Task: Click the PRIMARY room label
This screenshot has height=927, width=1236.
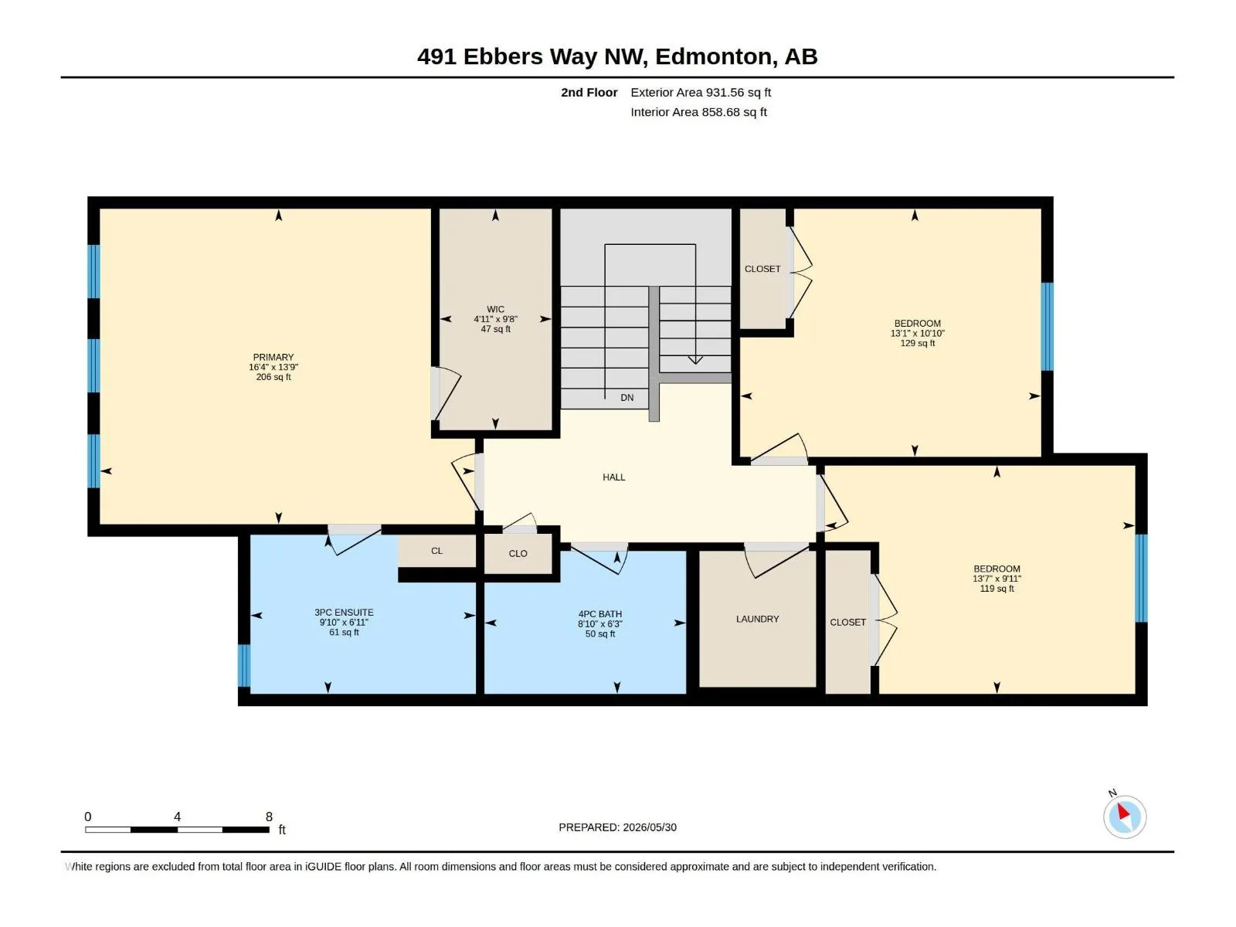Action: tap(273, 357)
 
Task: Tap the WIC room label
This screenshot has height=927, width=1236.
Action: tap(495, 309)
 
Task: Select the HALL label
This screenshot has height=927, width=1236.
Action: tap(614, 477)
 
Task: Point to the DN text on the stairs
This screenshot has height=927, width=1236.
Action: tap(626, 397)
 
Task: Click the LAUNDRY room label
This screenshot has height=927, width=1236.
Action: tap(757, 619)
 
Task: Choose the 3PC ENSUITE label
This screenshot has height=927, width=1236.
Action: tap(344, 613)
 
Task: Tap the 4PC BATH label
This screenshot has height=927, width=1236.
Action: tap(599, 614)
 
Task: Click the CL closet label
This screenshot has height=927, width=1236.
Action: tap(437, 551)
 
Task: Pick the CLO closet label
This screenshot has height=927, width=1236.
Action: tap(518, 553)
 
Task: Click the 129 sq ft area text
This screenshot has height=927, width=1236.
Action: tap(917, 343)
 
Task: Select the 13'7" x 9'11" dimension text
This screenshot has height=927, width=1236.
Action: tap(997, 579)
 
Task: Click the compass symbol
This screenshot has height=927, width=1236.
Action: tap(1125, 816)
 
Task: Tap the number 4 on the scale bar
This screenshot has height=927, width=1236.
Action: tap(178, 817)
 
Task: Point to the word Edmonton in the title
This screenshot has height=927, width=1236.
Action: tap(713, 57)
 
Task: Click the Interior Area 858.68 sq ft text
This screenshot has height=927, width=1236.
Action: tap(698, 112)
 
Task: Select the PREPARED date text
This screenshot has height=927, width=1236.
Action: tap(617, 827)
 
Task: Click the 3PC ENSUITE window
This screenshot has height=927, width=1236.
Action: tap(244, 666)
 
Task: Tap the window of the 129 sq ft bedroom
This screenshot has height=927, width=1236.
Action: tap(1047, 327)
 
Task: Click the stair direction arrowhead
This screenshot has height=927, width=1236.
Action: tap(695, 360)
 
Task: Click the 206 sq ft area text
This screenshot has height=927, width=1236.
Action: tap(273, 376)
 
